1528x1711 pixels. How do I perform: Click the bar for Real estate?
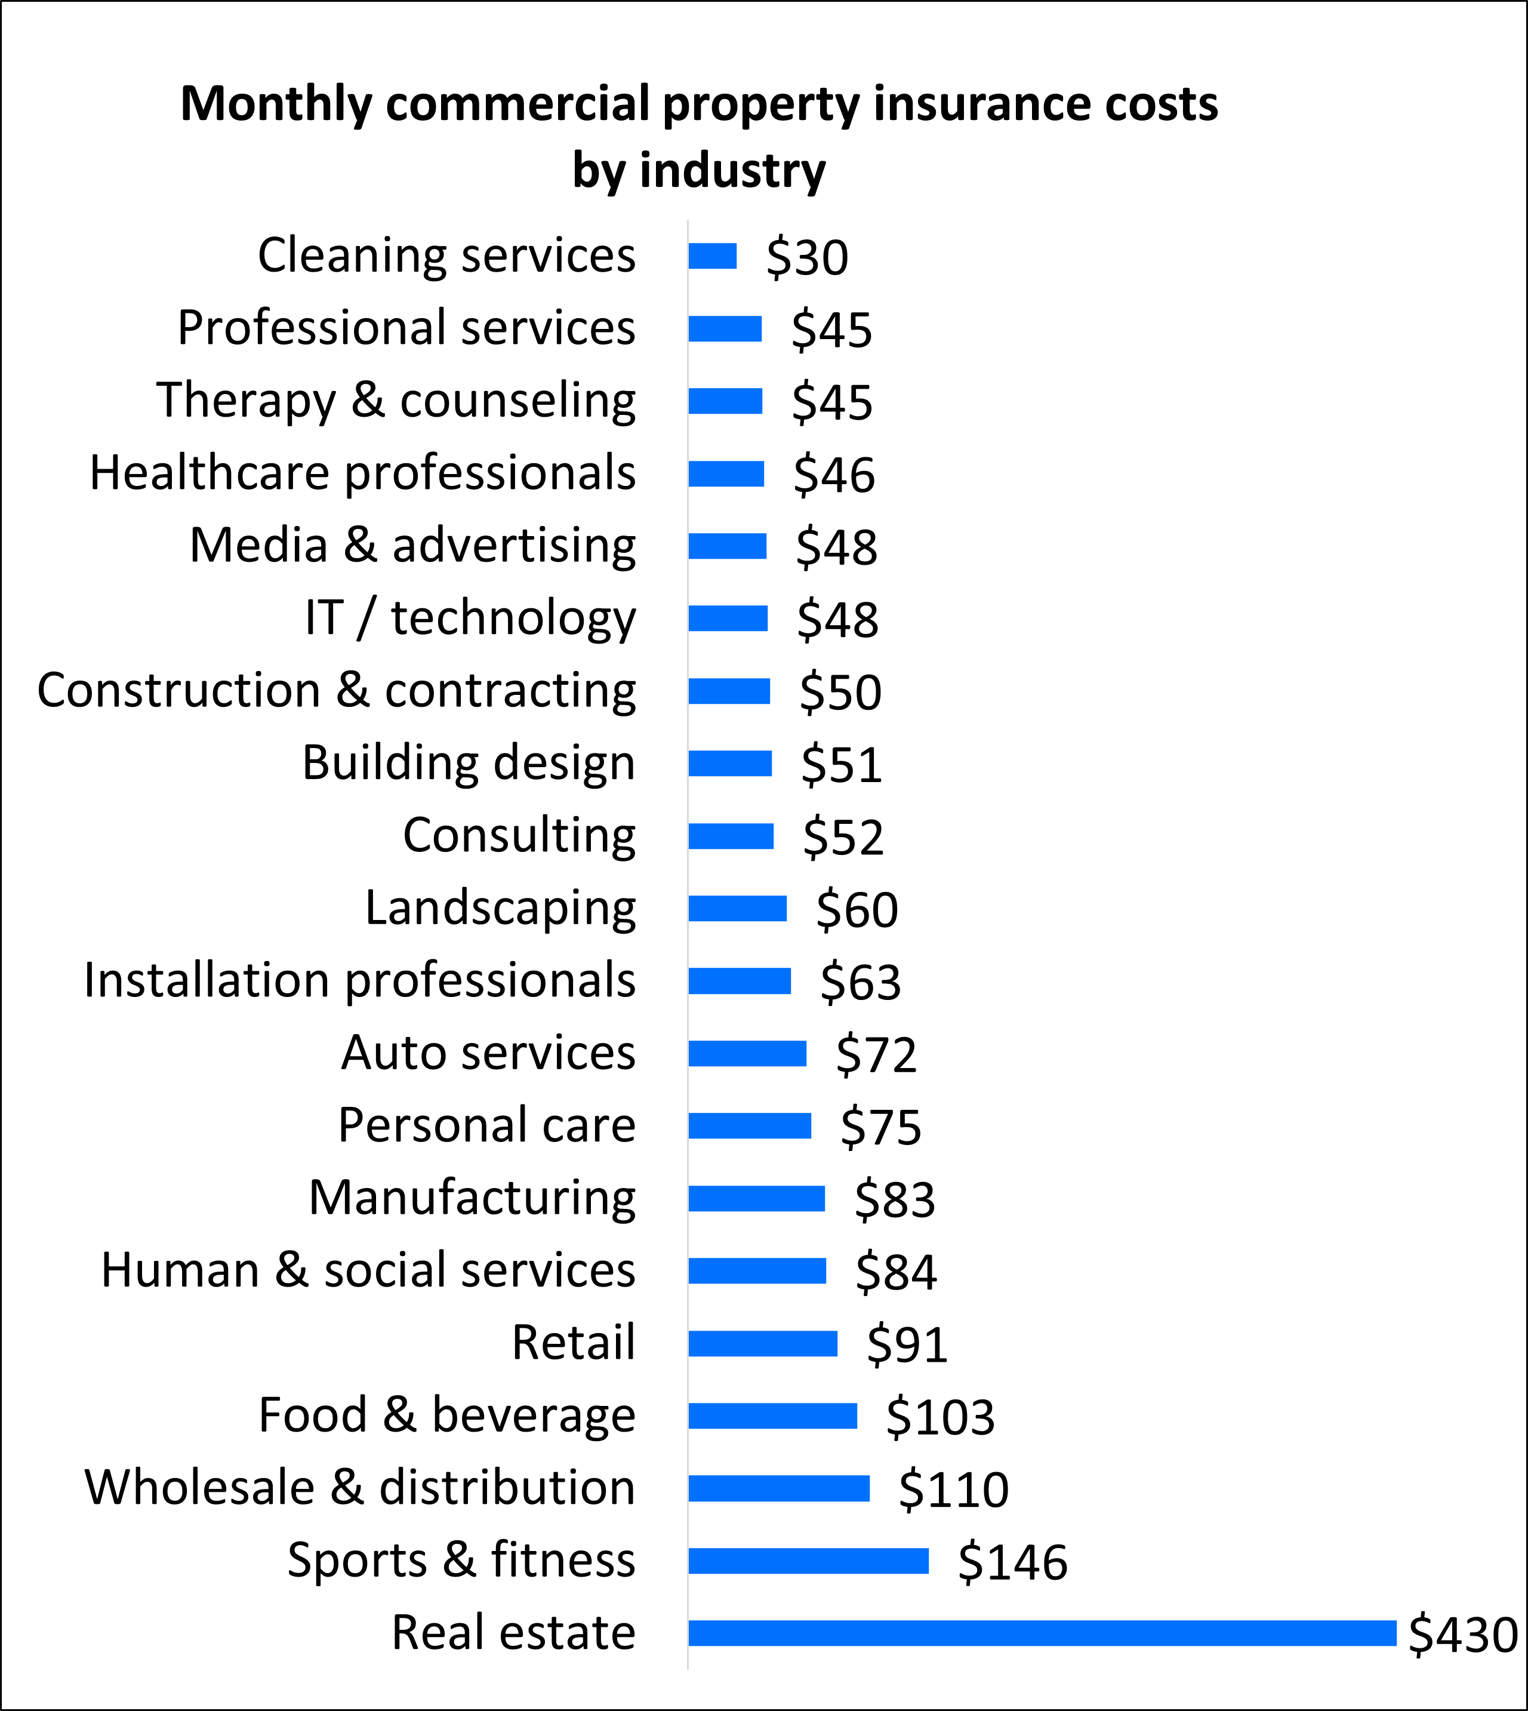point(1041,1633)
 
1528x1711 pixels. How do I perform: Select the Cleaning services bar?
point(712,256)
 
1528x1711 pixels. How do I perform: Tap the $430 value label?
point(1462,1635)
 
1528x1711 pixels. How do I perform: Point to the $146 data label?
point(1012,1562)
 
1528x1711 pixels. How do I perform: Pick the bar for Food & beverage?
point(772,1416)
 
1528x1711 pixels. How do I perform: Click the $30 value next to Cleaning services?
point(807,258)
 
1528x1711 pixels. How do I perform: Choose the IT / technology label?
point(470,618)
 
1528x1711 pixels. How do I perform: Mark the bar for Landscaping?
point(737,909)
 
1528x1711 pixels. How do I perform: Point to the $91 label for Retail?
point(907,1344)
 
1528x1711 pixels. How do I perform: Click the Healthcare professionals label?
point(363,473)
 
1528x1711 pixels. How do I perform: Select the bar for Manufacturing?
point(756,1199)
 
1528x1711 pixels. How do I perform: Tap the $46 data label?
point(834,475)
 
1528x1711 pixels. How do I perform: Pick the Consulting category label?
point(519,836)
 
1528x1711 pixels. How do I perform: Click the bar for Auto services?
point(747,1054)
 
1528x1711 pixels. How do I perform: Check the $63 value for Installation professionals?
point(861,981)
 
